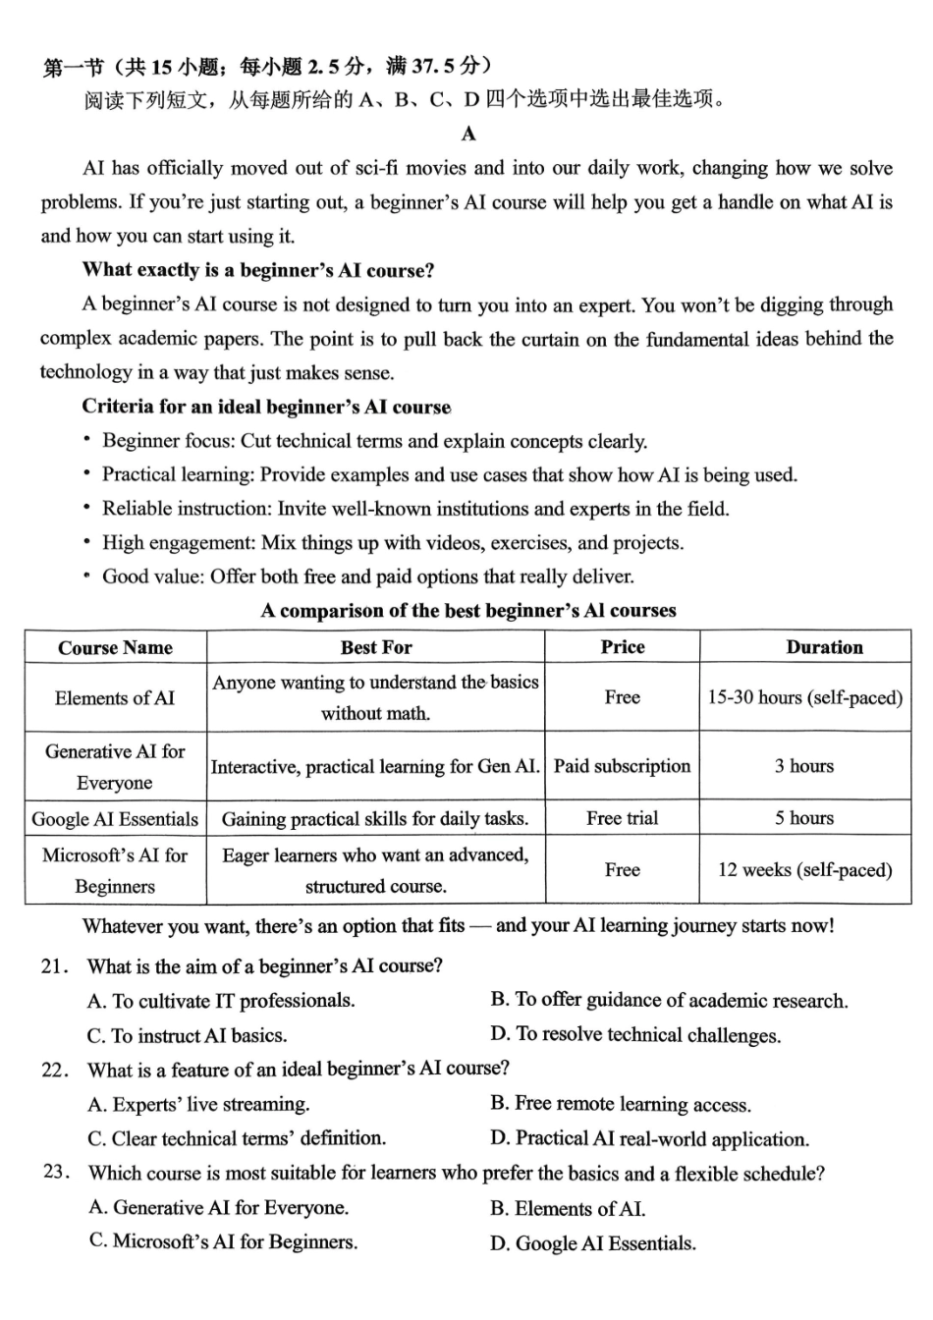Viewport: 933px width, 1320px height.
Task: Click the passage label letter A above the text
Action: (x=468, y=134)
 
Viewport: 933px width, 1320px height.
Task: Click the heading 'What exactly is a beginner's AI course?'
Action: (x=258, y=270)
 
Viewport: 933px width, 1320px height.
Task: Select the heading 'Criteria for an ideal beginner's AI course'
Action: (x=266, y=407)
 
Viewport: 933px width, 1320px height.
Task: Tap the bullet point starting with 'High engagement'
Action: (x=393, y=542)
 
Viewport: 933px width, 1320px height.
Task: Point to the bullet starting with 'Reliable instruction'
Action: (x=415, y=509)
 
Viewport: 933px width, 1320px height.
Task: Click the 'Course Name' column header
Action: (x=115, y=647)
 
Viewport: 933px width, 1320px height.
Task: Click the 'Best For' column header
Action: (x=376, y=647)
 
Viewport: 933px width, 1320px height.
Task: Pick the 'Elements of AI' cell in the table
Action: (x=115, y=698)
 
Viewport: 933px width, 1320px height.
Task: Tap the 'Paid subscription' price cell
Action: (x=622, y=766)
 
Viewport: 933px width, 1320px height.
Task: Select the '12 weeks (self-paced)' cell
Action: (x=804, y=869)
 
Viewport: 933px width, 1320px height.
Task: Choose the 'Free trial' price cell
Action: (x=622, y=818)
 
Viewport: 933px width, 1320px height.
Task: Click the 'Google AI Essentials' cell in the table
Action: (x=115, y=819)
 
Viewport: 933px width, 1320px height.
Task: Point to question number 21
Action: (x=55, y=966)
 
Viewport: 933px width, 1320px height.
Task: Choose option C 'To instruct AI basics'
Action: (x=187, y=1035)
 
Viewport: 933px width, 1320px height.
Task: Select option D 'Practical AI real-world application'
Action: (x=649, y=1139)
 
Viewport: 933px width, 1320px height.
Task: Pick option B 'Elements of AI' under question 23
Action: (x=568, y=1209)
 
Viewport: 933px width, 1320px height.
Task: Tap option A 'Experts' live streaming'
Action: (x=198, y=1105)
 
